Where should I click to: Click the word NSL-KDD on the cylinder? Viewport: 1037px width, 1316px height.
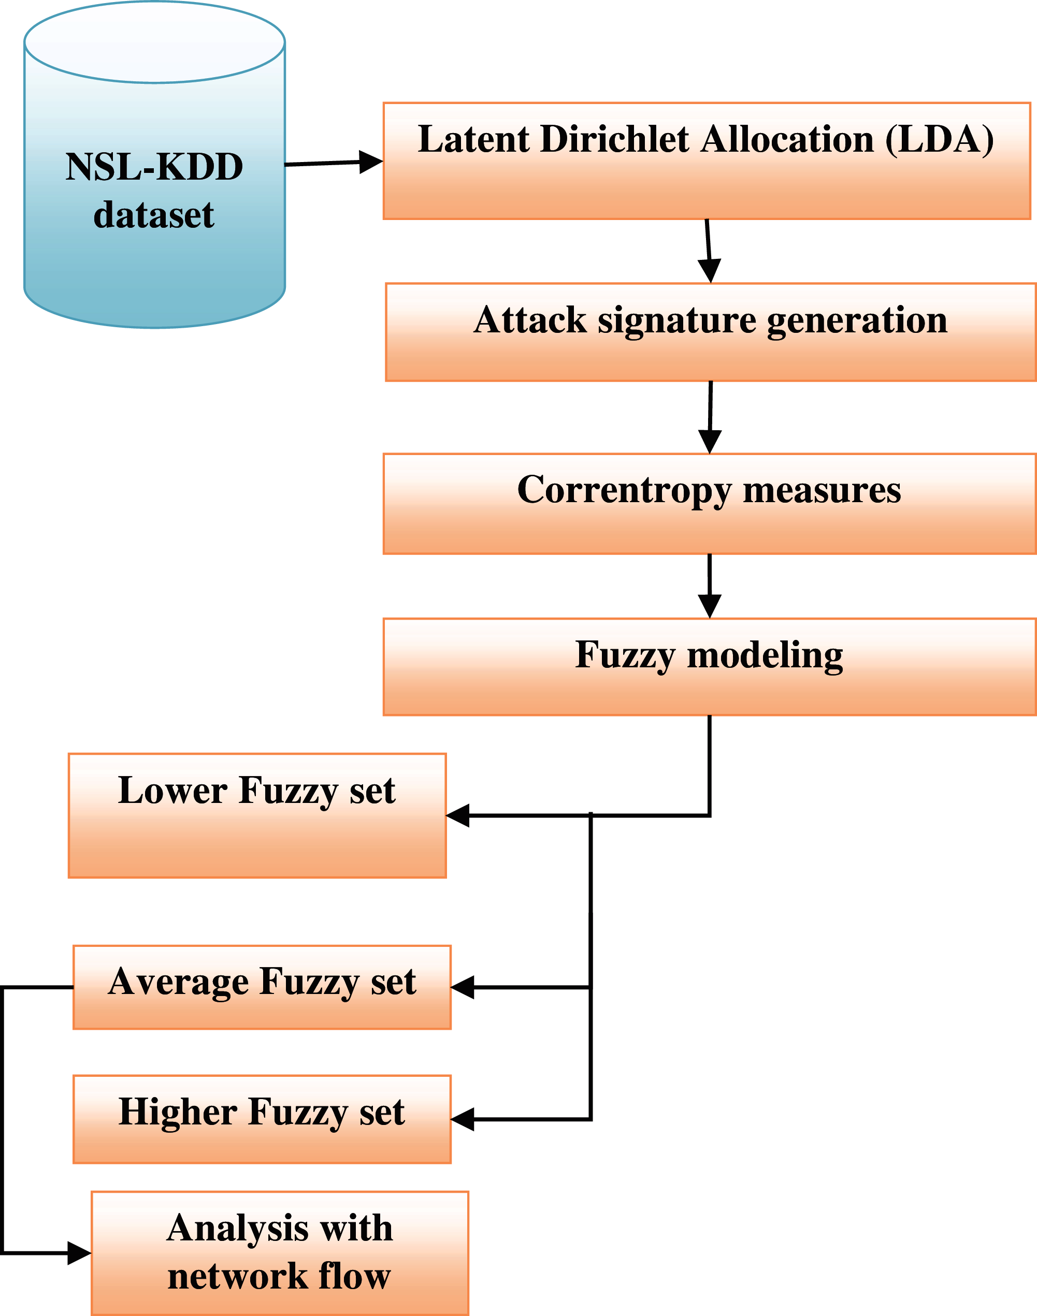click(154, 167)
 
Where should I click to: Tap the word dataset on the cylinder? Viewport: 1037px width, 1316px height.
click(154, 215)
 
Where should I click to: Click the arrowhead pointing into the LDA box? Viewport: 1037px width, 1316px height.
click(370, 162)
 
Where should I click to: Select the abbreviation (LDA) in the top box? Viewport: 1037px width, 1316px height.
click(939, 140)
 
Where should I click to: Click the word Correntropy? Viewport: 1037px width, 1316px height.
click(624, 490)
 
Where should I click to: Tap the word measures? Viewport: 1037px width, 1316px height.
click(822, 490)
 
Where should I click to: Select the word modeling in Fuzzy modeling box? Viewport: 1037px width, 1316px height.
click(765, 655)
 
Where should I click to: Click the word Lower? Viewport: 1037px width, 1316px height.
click(172, 791)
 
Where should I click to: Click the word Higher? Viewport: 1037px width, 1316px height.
click(178, 1112)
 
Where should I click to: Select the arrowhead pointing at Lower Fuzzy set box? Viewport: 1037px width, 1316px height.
click(458, 815)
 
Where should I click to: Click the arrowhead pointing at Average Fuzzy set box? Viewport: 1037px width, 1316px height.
click(463, 988)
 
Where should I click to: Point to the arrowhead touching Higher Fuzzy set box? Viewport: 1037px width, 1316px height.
click(463, 1119)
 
